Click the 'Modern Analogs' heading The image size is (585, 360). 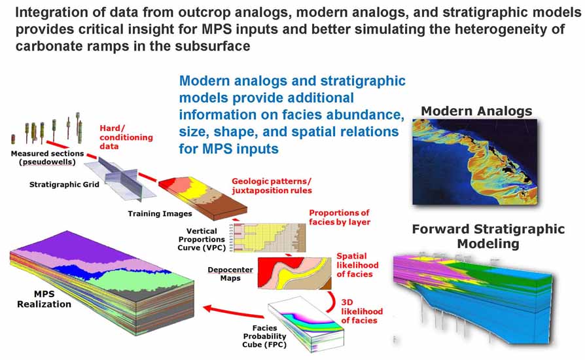pyautogui.click(x=476, y=111)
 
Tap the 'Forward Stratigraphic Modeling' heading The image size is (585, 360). pyautogui.click(x=488, y=236)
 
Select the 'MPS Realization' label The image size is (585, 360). pyautogui.click(x=44, y=299)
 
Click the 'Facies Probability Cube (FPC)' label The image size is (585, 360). pyautogui.click(x=264, y=336)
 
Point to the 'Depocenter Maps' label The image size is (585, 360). pyautogui.click(x=230, y=274)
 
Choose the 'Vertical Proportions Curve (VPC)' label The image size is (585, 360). pyautogui.click(x=202, y=239)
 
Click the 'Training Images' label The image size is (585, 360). pyautogui.click(x=160, y=214)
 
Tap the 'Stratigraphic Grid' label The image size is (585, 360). pyautogui.click(x=64, y=185)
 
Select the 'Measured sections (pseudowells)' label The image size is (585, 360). pyautogui.click(x=47, y=158)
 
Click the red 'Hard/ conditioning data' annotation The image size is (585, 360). pyautogui.click(x=126, y=137)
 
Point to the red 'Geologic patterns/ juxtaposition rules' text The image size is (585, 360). pyautogui.click(x=272, y=186)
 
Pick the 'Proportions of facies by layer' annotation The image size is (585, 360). pyautogui.click(x=340, y=217)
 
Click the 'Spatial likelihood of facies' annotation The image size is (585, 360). pyautogui.click(x=357, y=265)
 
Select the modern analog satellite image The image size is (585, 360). pyautogui.click(x=475, y=162)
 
